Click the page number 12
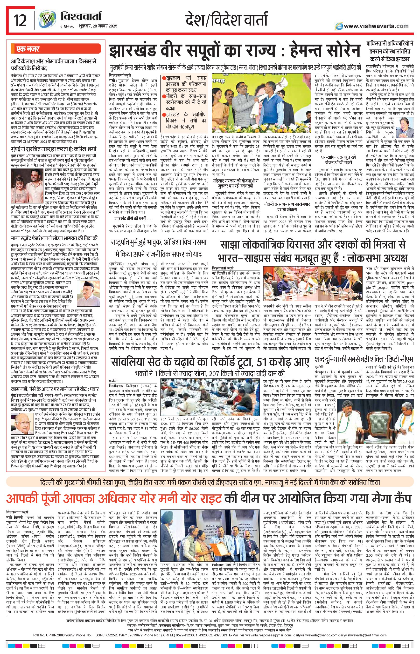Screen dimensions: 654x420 20,21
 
